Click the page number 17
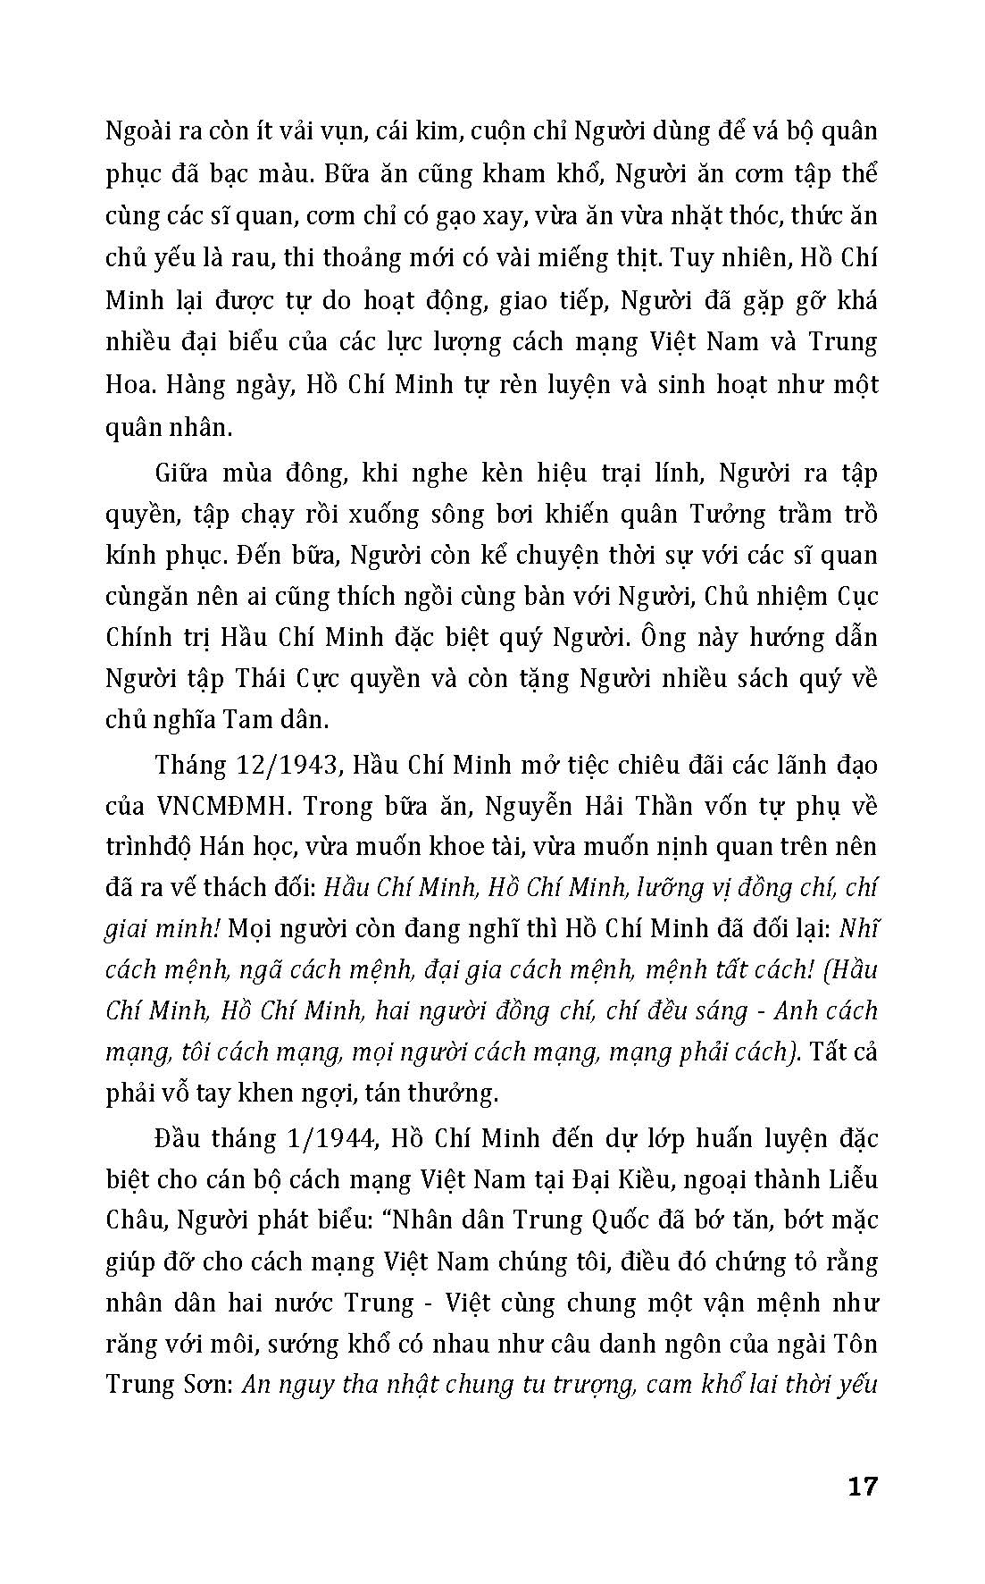[862, 1487]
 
